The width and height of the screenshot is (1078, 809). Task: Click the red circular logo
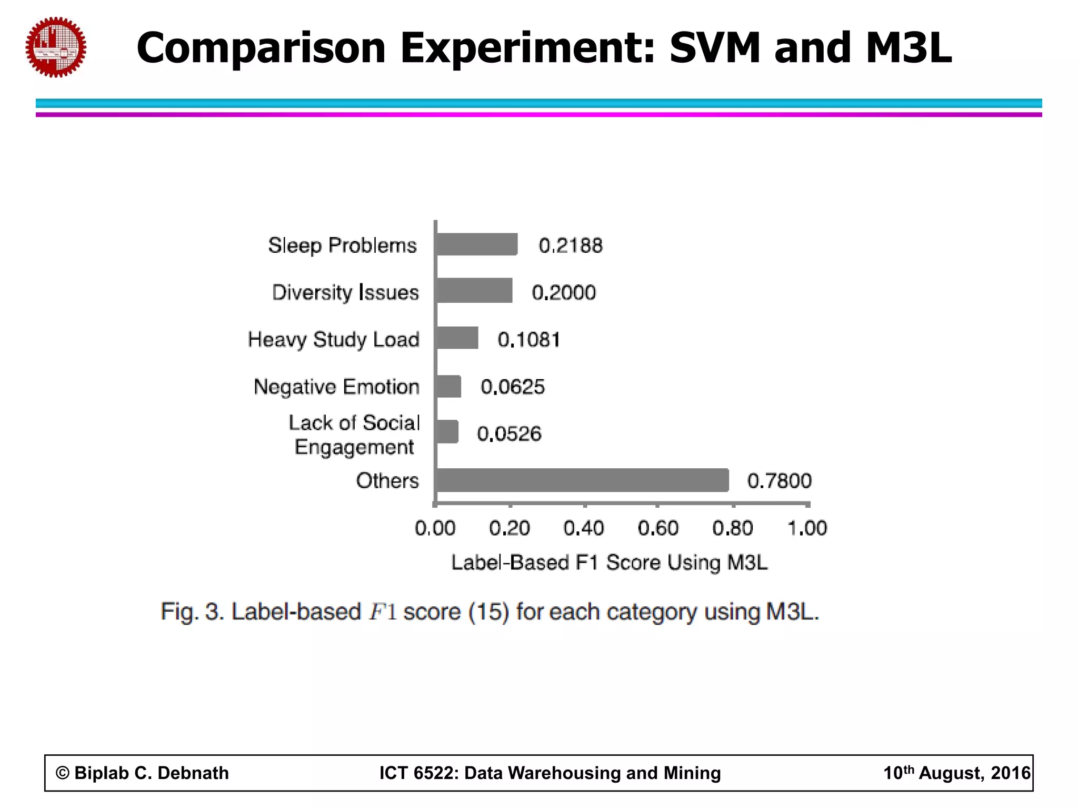pos(56,47)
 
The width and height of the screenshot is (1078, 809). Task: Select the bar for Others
pos(582,480)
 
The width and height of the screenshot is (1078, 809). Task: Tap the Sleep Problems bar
pos(476,244)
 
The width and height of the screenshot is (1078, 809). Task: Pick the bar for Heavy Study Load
pos(457,338)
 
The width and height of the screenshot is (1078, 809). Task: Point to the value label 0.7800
pos(779,481)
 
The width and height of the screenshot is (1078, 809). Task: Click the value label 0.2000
pos(564,292)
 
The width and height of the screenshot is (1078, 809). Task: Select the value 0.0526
pos(509,434)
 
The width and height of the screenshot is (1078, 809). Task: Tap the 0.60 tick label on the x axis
pos(658,528)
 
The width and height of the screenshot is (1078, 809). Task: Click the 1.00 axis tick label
pos(807,528)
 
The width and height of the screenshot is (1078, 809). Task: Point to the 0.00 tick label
pos(435,528)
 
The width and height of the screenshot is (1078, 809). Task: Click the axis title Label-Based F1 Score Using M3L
pos(610,563)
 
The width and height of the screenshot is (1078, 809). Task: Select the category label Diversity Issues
pos(345,292)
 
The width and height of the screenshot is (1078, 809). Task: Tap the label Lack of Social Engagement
pos(354,435)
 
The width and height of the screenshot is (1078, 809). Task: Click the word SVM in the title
pos(715,47)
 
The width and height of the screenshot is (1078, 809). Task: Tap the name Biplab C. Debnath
pos(152,773)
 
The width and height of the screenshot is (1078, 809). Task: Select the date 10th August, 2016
pos(956,773)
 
